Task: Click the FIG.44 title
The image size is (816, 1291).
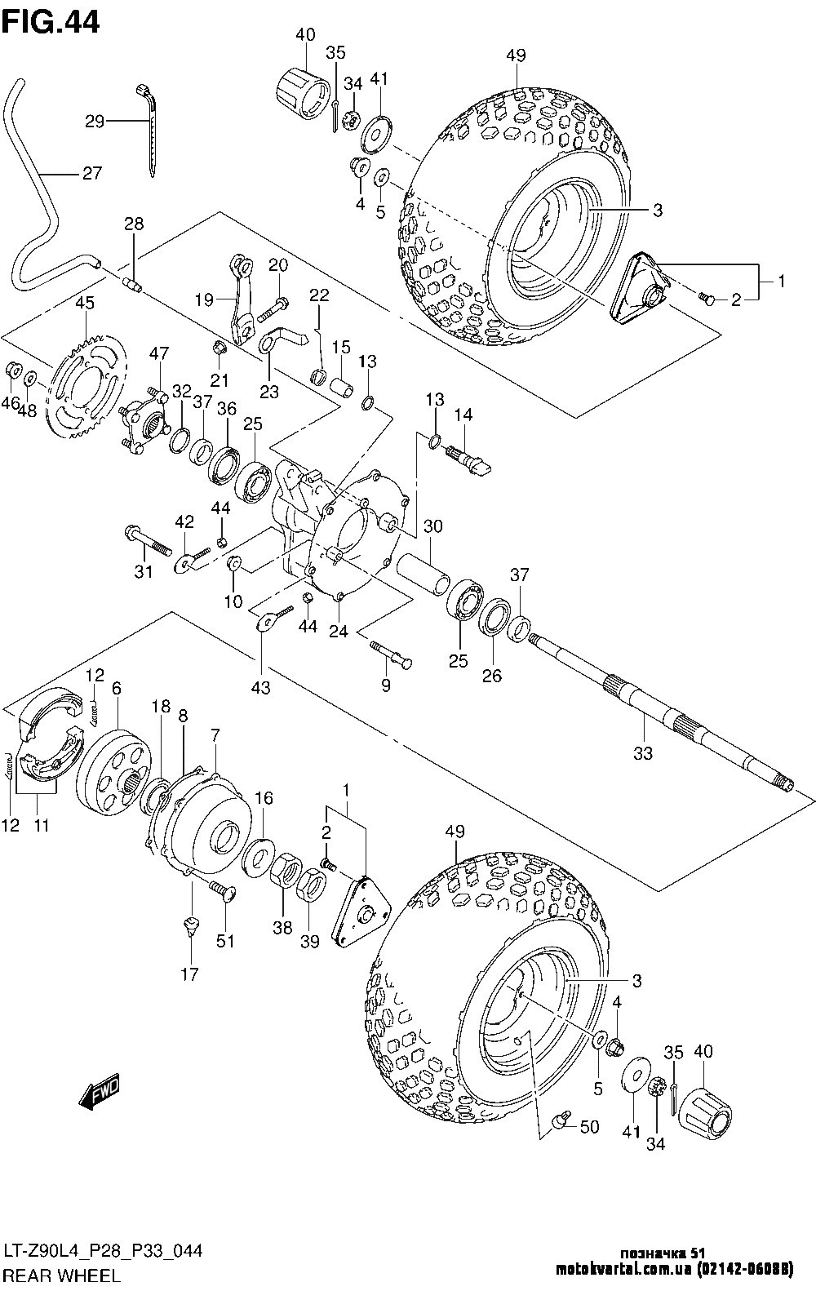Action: (x=51, y=22)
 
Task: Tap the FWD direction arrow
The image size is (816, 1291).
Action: (x=100, y=1090)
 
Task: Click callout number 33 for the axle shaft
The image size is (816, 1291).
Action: (x=642, y=752)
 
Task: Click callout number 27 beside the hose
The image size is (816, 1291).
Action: (x=92, y=173)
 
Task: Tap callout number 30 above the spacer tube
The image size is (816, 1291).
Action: (x=432, y=526)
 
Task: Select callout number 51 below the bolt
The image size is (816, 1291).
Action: (x=225, y=956)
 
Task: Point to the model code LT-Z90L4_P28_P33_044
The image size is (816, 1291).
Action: (x=103, y=1252)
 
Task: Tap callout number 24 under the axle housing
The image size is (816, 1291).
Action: (x=339, y=631)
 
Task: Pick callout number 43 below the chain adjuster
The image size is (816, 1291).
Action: (x=261, y=687)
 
